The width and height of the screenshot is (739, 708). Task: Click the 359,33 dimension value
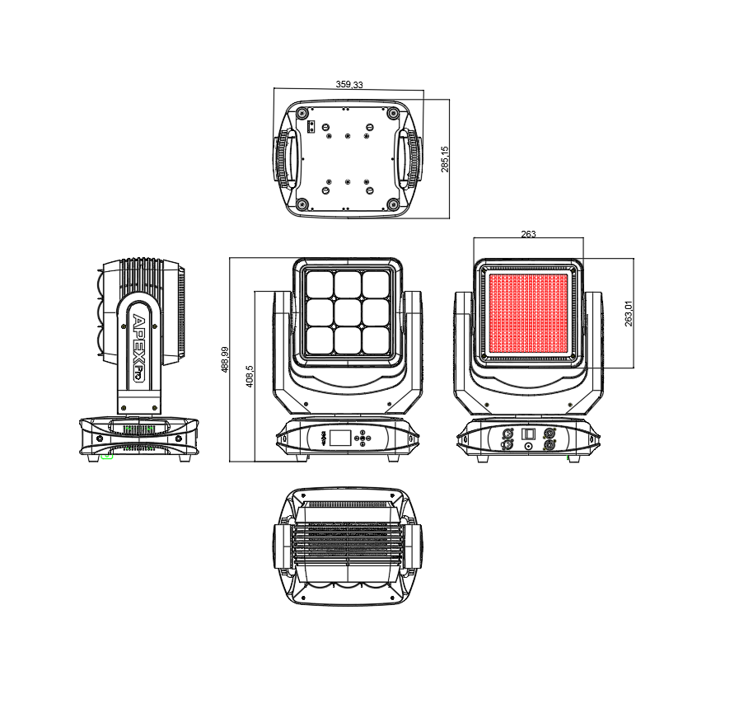(x=349, y=84)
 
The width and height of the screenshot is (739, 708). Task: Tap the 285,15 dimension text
(x=445, y=159)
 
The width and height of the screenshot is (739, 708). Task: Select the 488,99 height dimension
(x=225, y=359)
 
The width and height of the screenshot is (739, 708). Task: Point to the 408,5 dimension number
(x=250, y=376)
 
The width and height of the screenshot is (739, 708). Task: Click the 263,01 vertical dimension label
(x=629, y=313)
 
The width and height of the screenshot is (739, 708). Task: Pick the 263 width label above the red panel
(x=528, y=234)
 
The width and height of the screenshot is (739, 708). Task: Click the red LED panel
(x=528, y=313)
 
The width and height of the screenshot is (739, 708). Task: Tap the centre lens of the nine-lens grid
(x=348, y=312)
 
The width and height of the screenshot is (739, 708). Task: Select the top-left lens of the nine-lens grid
(x=320, y=284)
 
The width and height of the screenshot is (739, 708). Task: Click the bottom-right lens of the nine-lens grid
(x=376, y=340)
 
